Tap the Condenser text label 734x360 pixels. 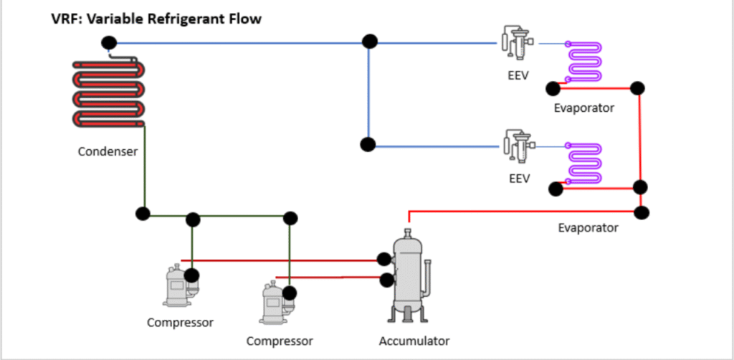(108, 151)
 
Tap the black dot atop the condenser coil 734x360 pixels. (108, 43)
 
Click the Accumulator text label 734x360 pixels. (414, 341)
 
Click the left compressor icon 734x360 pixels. (178, 287)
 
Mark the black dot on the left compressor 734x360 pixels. (191, 275)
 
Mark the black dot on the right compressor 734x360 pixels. (290, 293)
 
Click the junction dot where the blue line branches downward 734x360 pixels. (369, 42)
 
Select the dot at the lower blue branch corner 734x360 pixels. (368, 144)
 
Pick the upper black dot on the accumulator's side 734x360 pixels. (386, 258)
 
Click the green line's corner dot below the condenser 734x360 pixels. (143, 213)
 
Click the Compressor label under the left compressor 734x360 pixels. (180, 322)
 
